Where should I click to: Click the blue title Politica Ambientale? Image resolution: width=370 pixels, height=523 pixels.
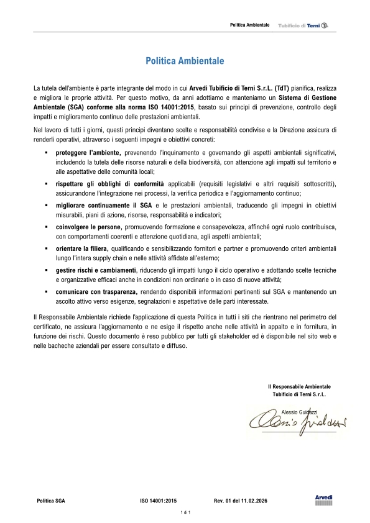click(185, 61)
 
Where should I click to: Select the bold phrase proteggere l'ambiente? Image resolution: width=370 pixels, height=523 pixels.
click(88, 152)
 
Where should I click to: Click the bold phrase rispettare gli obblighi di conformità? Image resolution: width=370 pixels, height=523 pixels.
click(110, 184)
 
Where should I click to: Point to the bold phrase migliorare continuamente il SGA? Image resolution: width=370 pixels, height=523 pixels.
click(103, 204)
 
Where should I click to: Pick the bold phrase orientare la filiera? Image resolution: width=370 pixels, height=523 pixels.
click(82, 248)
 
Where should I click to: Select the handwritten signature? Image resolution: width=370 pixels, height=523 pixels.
click(297, 422)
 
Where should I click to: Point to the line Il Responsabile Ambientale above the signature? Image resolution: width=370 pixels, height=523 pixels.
click(299, 386)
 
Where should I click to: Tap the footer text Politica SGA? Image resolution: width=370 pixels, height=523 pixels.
click(51, 499)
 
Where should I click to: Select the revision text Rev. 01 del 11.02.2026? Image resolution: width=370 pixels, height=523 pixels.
click(239, 499)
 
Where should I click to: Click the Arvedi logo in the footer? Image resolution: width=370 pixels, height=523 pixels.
click(324, 500)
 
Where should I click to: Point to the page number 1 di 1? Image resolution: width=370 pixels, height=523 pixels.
click(185, 512)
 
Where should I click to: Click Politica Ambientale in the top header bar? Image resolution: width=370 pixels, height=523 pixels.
click(249, 24)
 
